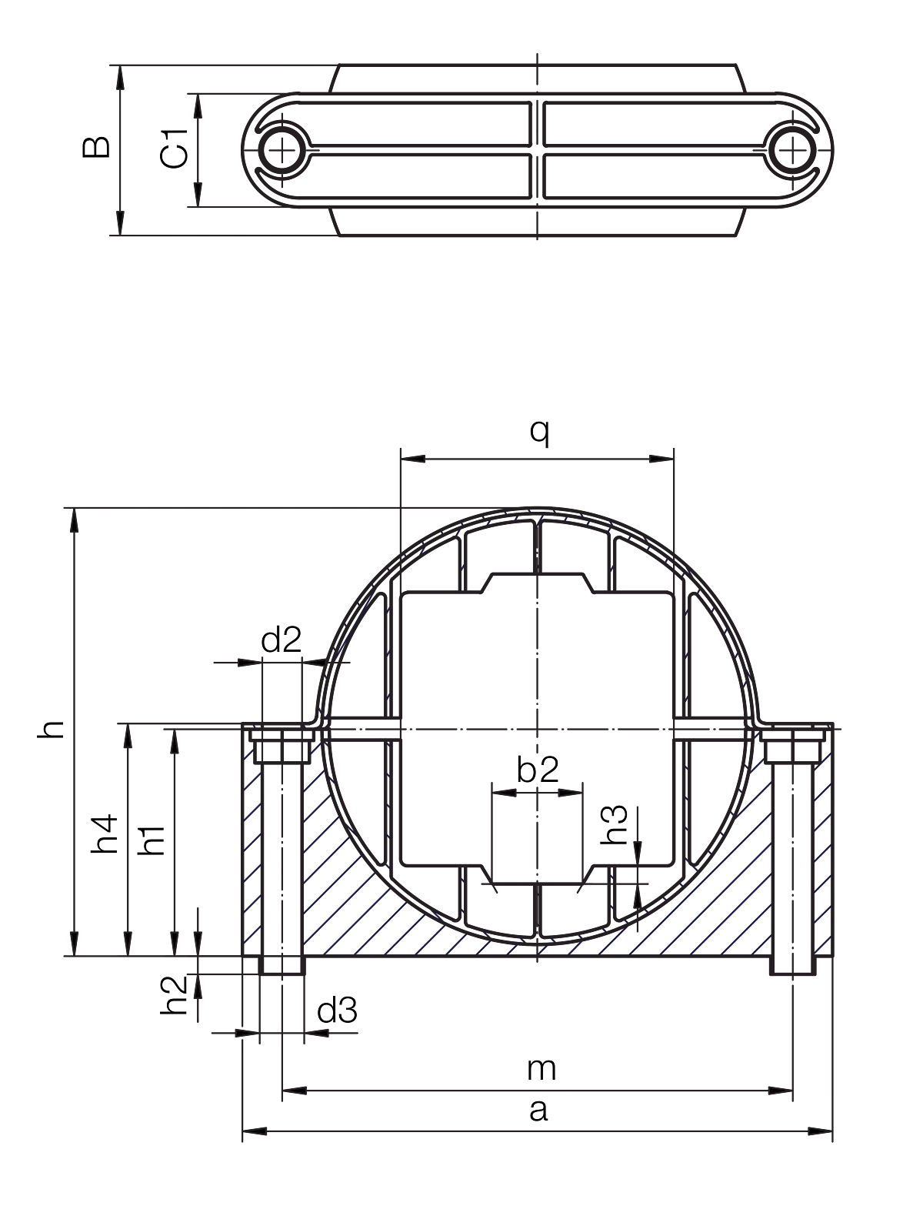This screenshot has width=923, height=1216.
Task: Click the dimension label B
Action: (96, 146)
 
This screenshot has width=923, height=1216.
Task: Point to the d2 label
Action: (282, 640)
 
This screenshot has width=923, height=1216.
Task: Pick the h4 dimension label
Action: (104, 833)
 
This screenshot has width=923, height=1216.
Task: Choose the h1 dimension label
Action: (152, 840)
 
